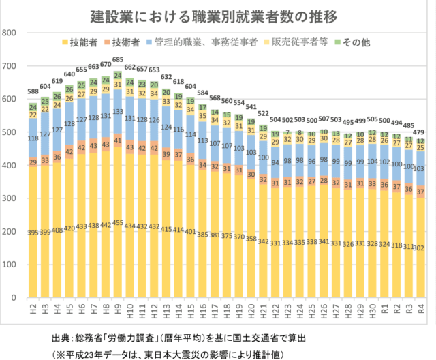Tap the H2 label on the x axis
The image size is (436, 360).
click(x=33, y=310)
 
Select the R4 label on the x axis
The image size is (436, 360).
click(x=420, y=310)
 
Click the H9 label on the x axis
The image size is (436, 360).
click(x=117, y=310)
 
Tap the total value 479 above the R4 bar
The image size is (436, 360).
click(x=420, y=132)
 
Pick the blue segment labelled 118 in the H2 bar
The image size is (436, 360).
click(x=33, y=139)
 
